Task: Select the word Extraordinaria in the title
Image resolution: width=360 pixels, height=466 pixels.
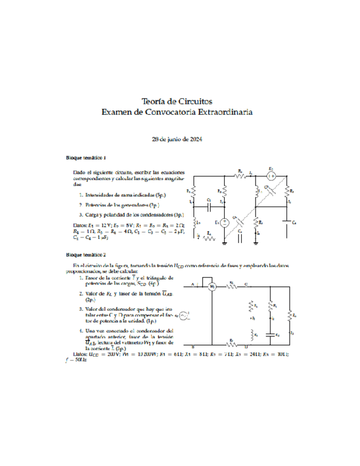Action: click(226, 112)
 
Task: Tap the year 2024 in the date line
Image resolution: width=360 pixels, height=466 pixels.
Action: click(195, 139)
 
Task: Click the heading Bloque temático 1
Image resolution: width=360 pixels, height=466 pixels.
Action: click(86, 157)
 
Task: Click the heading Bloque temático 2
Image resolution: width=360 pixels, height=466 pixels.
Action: click(86, 255)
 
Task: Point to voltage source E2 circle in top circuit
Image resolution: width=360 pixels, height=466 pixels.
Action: click(271, 176)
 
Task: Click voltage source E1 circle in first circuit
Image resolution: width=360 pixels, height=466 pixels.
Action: click(225, 223)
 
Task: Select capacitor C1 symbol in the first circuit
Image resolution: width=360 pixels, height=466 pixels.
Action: click(209, 207)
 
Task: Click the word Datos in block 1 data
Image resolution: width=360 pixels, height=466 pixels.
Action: click(80, 225)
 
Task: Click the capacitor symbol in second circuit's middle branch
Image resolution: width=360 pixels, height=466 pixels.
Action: click(270, 334)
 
